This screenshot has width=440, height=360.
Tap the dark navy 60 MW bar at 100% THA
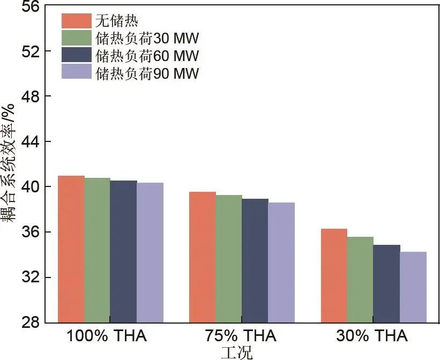tap(124, 251)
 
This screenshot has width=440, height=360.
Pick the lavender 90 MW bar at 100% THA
tap(150, 252)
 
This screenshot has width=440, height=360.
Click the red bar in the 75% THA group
tap(203, 257)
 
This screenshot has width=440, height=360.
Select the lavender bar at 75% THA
tap(281, 262)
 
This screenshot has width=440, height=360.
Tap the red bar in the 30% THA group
tap(334, 275)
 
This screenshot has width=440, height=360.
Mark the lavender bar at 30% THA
tap(413, 287)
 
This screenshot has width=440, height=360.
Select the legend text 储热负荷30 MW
tap(147, 38)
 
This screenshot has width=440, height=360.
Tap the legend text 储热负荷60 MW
tap(147, 55)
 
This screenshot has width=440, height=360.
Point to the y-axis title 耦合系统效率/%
tap(8, 163)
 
